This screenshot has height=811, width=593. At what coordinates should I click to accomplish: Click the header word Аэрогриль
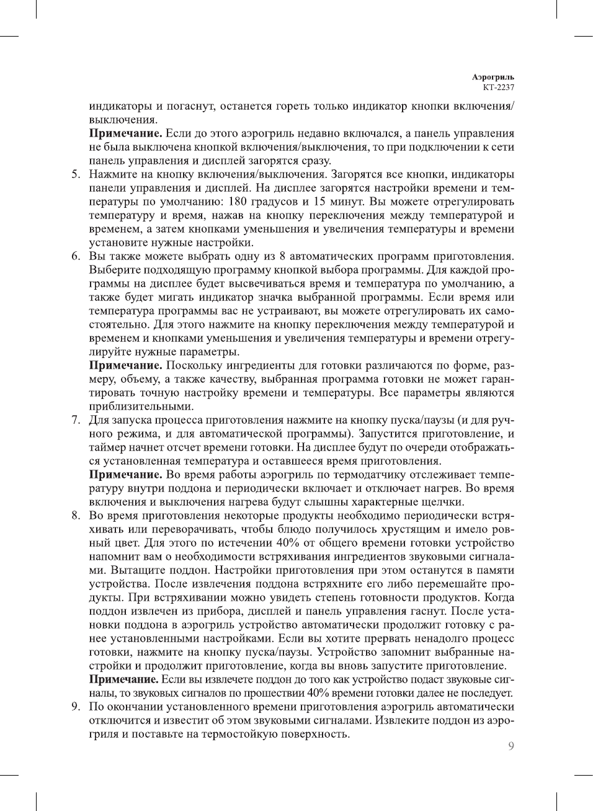(493, 78)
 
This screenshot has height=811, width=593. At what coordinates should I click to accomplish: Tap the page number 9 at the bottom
(511, 746)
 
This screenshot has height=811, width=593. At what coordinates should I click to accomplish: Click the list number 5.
(74, 174)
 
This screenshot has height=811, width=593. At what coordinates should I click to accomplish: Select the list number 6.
(74, 256)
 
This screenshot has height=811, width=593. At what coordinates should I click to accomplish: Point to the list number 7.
(74, 420)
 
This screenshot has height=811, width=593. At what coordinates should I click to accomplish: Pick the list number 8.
(74, 516)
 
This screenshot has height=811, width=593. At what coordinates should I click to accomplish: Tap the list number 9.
(74, 707)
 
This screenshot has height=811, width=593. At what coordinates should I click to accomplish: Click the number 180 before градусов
(239, 202)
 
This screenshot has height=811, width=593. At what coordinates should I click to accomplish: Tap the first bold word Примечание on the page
(126, 133)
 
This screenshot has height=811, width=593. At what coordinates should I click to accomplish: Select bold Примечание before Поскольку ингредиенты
(126, 365)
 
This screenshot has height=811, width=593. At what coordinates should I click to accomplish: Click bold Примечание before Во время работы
(126, 475)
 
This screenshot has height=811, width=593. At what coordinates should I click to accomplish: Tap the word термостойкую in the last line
(249, 734)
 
